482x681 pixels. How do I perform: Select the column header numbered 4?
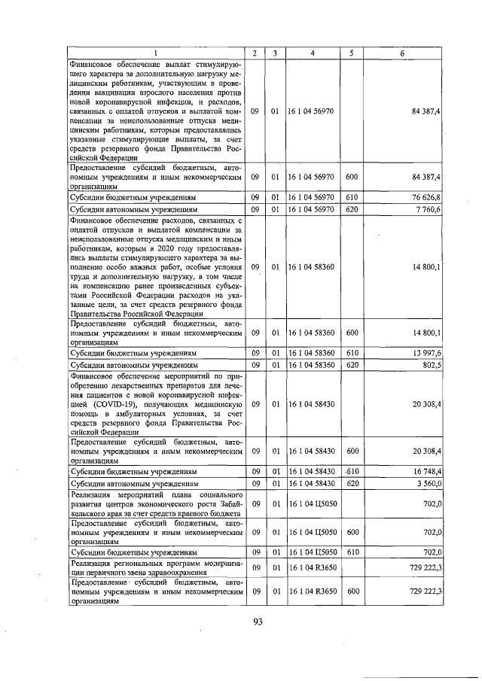click(x=312, y=53)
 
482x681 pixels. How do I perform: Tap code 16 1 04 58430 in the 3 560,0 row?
click(x=312, y=483)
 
